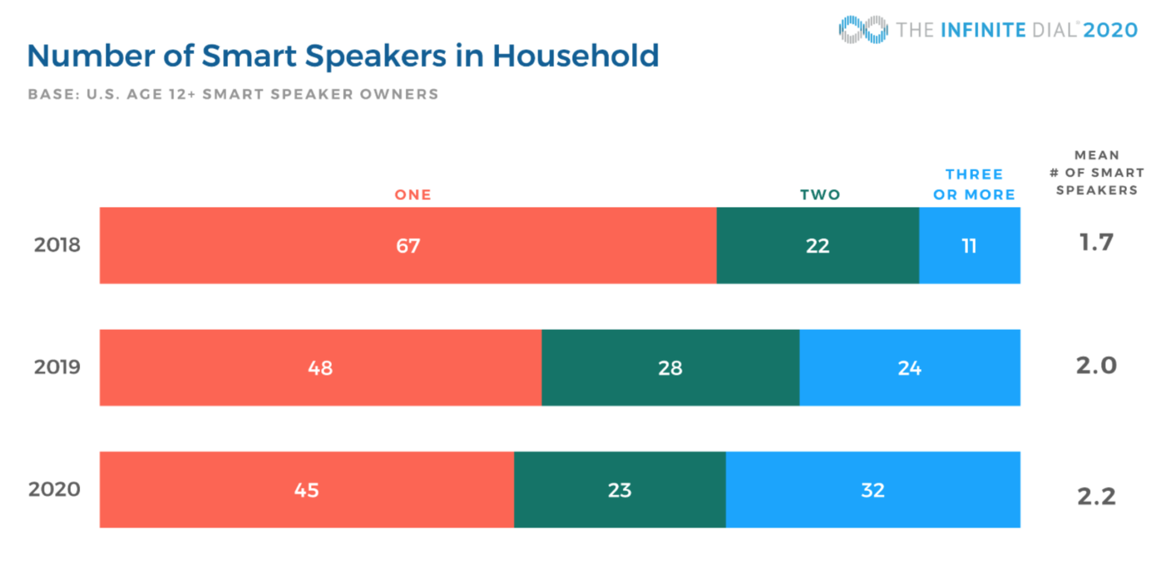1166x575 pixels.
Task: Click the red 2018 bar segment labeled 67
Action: point(408,245)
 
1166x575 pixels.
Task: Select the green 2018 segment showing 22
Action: point(818,245)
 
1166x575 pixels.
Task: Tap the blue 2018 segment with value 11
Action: point(970,245)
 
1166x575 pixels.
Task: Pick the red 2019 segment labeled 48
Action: point(321,367)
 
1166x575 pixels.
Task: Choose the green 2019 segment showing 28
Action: point(671,367)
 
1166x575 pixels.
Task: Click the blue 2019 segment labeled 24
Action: point(910,367)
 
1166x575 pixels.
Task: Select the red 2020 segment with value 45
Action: point(307,490)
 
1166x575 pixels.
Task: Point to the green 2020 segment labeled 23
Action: point(620,490)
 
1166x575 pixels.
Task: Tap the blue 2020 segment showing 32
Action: point(873,490)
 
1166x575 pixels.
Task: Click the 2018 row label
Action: point(57,245)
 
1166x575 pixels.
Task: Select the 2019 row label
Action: point(57,367)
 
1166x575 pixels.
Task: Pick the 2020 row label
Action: point(55,489)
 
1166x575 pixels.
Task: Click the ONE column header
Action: point(413,195)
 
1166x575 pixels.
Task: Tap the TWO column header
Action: point(820,195)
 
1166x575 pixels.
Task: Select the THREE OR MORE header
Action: point(974,184)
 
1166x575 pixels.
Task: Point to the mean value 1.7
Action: point(1097,243)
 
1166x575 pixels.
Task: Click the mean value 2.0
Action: point(1097,365)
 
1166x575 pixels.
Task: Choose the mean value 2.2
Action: point(1097,497)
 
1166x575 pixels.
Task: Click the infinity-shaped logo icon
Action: point(863,30)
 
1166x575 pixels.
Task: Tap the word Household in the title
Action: point(576,56)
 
